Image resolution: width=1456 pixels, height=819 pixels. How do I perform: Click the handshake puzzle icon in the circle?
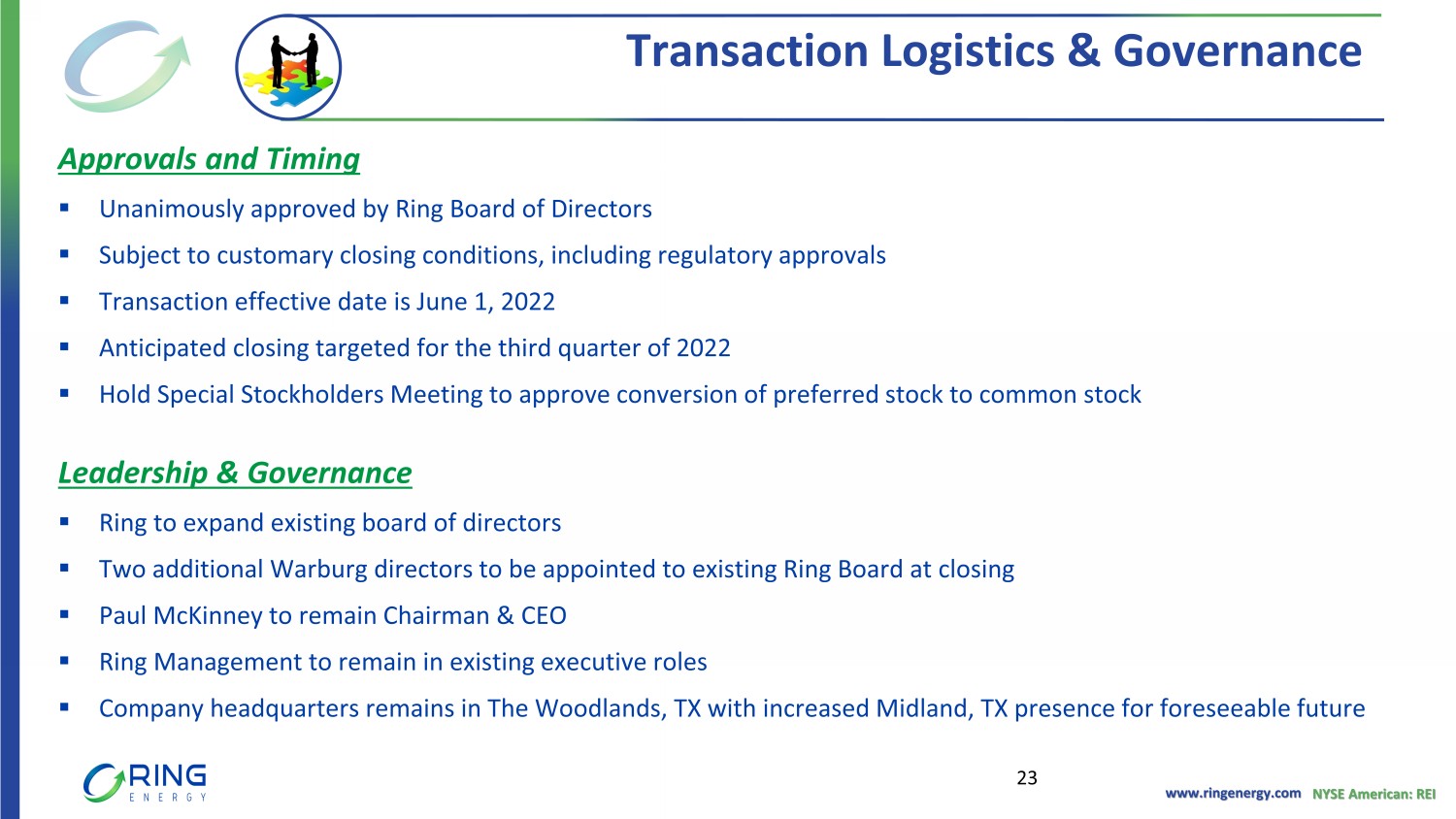click(x=288, y=68)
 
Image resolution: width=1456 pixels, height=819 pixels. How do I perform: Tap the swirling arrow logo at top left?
click(x=127, y=66)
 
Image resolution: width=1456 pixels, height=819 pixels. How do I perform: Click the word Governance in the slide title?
click(x=1237, y=50)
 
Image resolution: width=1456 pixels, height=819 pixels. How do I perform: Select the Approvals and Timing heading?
click(x=209, y=159)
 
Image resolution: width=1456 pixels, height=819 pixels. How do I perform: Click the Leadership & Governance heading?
click(x=235, y=474)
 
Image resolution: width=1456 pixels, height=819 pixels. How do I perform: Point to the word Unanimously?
click(x=172, y=210)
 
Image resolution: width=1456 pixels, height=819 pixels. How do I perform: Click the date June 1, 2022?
click(x=485, y=302)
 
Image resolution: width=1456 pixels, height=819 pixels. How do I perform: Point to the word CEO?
click(x=544, y=615)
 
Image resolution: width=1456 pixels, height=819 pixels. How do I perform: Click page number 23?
click(x=1027, y=778)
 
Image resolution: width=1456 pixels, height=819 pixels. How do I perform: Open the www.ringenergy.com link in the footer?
click(x=1233, y=793)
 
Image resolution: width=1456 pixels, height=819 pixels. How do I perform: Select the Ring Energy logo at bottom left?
click(x=145, y=782)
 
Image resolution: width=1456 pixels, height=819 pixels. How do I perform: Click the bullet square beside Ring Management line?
click(x=64, y=661)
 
